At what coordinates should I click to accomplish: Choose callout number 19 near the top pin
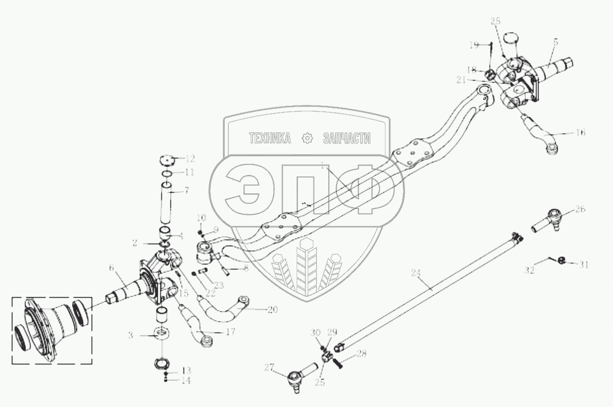click(473, 45)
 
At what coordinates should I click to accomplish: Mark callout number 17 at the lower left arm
click(217, 332)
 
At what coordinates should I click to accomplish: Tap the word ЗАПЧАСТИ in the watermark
click(346, 138)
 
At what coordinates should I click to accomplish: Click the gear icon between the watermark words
click(306, 138)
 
